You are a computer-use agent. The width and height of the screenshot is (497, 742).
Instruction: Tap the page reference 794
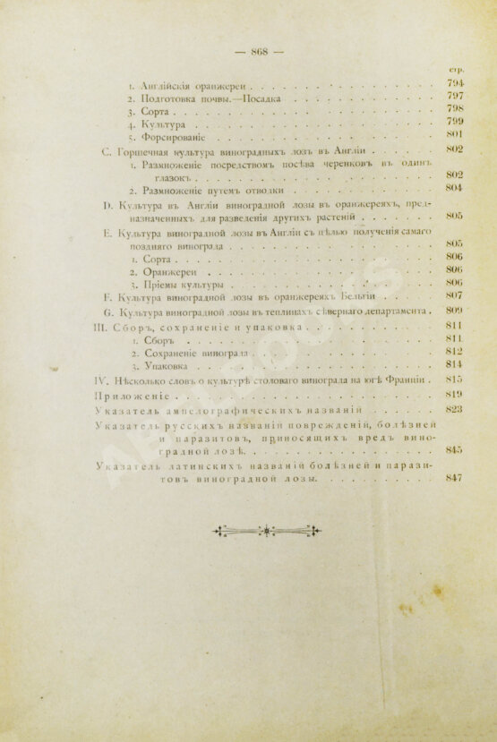coord(452,83)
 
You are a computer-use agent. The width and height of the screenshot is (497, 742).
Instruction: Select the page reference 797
coord(452,97)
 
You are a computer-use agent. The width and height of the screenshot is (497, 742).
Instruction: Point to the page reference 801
coord(452,135)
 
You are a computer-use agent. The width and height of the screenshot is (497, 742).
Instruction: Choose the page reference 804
coord(452,189)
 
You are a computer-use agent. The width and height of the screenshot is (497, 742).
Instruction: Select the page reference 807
coord(452,295)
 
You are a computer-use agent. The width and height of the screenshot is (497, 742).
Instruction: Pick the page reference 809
coord(452,310)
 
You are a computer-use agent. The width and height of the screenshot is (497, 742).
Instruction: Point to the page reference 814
coord(452,364)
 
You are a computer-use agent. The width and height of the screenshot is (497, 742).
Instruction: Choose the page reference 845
coord(452,449)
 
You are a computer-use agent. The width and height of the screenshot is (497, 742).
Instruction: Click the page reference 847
coord(452,478)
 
